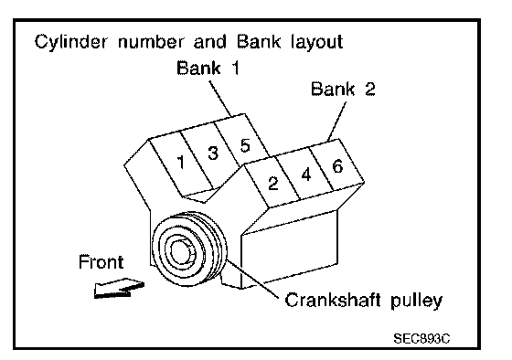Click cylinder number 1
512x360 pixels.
[x=181, y=162]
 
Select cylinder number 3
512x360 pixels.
[x=213, y=153]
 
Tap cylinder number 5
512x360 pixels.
[x=245, y=145]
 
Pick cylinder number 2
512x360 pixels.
[x=273, y=183]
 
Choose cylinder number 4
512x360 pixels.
[x=306, y=175]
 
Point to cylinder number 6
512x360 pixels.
[x=337, y=166]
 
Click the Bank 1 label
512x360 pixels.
[x=208, y=68]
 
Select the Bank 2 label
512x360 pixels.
[x=343, y=89]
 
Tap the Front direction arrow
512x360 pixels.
[x=119, y=288]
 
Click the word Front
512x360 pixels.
[x=101, y=261]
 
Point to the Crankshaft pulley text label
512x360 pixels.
[x=364, y=301]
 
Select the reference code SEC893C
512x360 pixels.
[x=421, y=339]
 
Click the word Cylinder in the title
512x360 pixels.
[x=70, y=42]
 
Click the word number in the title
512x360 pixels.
[x=151, y=42]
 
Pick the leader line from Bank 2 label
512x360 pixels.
[x=336, y=122]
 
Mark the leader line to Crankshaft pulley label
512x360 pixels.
[x=253, y=279]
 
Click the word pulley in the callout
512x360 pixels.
[x=417, y=301]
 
